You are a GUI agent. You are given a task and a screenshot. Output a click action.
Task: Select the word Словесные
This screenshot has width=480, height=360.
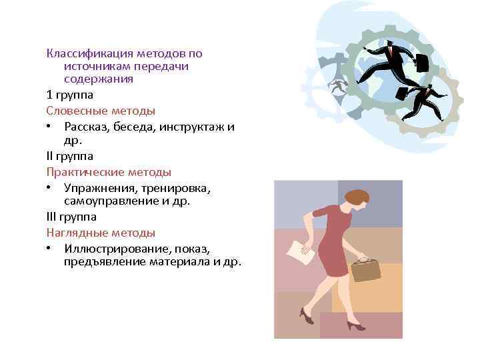pyautogui.click(x=73, y=110)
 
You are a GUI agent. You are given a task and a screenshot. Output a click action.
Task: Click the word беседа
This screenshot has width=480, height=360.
pyautogui.click(x=130, y=127)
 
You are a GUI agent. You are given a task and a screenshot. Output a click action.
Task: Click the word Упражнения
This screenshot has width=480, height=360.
pyautogui.click(x=99, y=187)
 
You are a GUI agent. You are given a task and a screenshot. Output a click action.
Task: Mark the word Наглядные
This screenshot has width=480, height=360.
pyautogui.click(x=74, y=233)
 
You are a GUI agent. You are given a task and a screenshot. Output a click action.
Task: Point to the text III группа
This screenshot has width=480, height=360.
pyautogui.click(x=71, y=216)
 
